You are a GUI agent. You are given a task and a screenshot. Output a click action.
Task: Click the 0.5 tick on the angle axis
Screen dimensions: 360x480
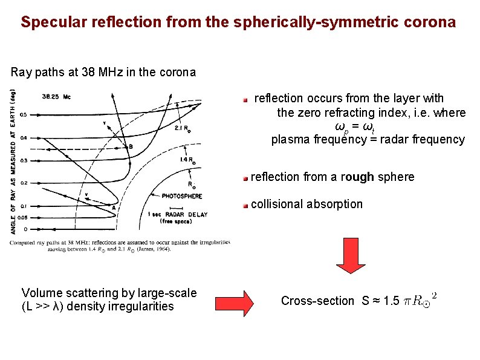[24, 114]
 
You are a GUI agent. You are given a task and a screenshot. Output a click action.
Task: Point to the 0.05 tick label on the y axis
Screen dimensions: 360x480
[22, 216]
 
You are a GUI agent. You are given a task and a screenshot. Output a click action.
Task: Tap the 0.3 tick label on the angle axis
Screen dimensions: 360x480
[24, 160]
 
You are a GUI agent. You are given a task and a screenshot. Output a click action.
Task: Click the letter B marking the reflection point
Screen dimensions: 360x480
[130, 146]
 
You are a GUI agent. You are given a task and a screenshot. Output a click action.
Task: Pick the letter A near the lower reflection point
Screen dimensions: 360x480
[113, 207]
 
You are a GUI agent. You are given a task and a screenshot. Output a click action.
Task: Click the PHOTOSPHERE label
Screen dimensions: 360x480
[181, 196]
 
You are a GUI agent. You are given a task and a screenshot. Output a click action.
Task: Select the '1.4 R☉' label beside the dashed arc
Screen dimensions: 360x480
[187, 160]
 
